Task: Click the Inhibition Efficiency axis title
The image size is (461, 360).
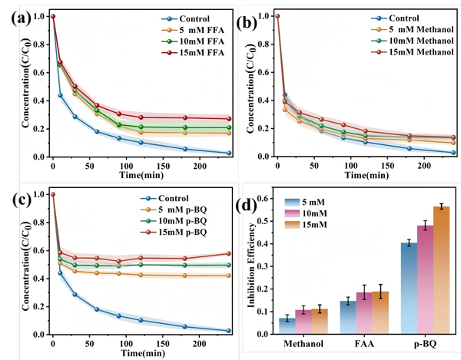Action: [x=251, y=265]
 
